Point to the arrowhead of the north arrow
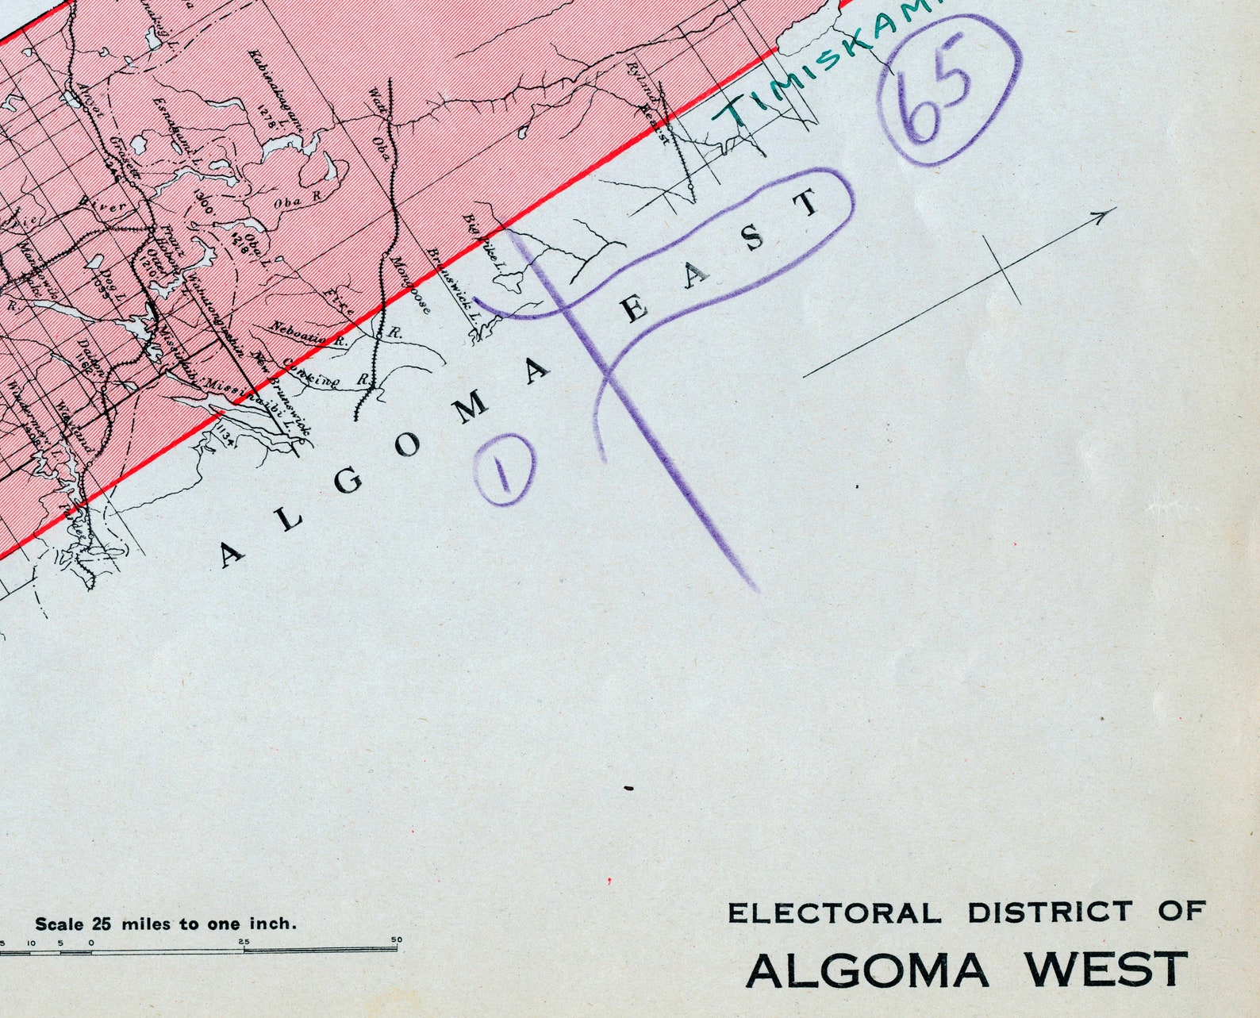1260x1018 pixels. coord(1105,215)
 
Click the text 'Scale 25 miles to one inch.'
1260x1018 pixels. coord(166,924)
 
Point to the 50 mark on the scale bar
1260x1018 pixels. coord(396,940)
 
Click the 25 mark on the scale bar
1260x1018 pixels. coord(244,942)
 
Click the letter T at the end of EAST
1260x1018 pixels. coord(809,203)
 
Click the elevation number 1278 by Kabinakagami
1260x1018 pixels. coord(264,110)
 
